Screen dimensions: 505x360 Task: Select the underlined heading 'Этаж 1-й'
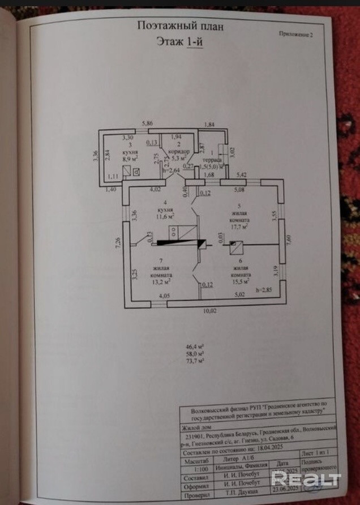(179, 41)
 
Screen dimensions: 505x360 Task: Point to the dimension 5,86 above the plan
(148, 123)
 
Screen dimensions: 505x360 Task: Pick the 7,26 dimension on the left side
(118, 245)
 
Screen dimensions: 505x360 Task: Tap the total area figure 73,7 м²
(195, 360)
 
